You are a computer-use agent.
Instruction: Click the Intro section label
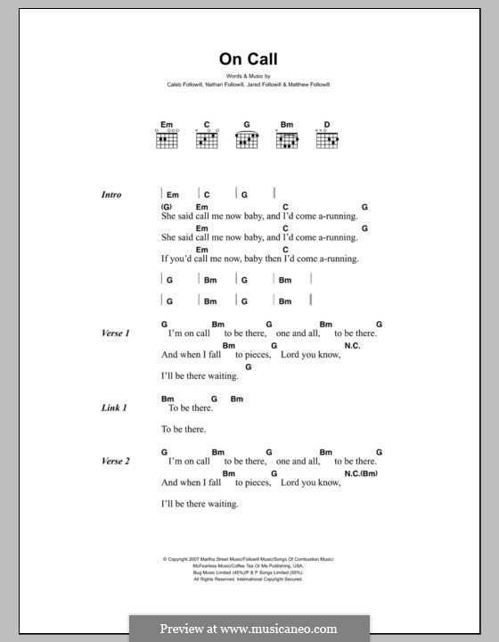pyautogui.click(x=111, y=194)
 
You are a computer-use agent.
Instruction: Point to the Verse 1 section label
pyautogui.click(x=116, y=333)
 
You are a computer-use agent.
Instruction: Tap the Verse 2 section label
pyautogui.click(x=116, y=461)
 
